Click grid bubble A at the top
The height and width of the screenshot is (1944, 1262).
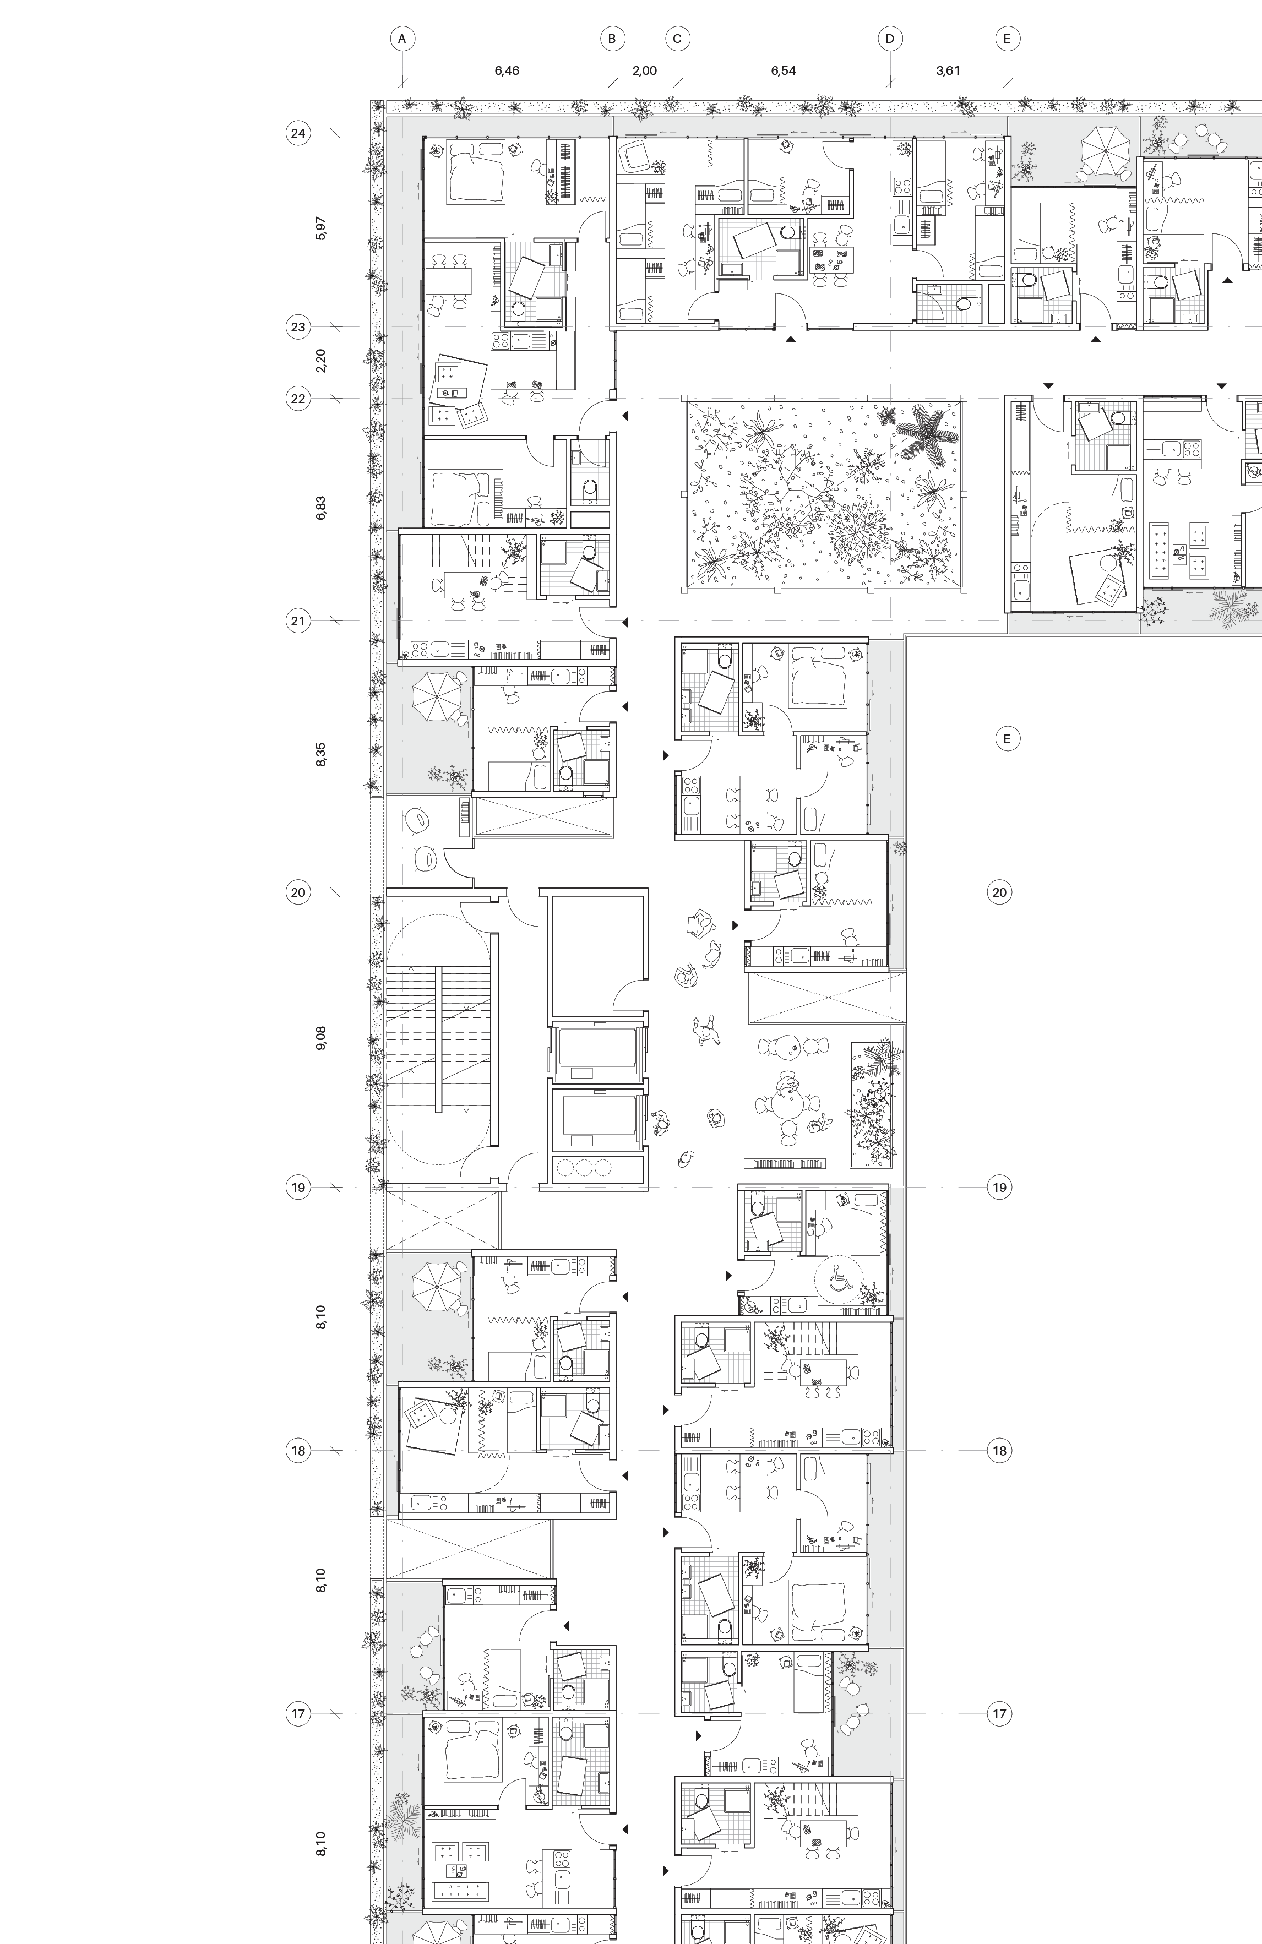402,39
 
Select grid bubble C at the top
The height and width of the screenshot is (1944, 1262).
677,39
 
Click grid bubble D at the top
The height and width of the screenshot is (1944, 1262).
890,39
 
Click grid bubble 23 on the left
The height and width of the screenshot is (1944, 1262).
298,326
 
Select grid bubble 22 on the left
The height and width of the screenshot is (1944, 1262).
298,399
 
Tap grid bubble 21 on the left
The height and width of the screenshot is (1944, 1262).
298,621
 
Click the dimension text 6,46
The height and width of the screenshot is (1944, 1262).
507,70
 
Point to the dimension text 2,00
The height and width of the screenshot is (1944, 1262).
644,70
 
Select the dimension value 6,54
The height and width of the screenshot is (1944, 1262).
784,70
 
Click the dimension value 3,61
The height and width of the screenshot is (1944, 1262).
948,70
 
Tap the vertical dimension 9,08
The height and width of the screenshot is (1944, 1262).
321,1038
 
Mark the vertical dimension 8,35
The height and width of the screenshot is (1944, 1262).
321,755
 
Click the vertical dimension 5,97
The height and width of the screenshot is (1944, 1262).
321,228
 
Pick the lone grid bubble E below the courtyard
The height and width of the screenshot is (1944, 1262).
1007,738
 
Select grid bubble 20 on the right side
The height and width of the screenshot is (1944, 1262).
999,892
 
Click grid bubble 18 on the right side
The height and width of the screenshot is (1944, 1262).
999,1451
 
